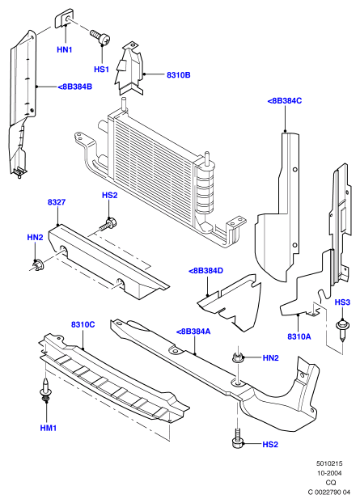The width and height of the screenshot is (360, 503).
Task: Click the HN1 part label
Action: point(64,49)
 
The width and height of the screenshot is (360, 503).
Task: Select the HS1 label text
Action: point(101,70)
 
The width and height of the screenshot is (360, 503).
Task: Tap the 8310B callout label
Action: point(179,75)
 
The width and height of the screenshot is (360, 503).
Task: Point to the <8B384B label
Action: point(75,87)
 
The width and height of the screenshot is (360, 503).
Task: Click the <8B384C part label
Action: point(285,101)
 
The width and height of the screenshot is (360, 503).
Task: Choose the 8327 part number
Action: point(57,202)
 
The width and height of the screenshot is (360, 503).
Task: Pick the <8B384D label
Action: point(205,271)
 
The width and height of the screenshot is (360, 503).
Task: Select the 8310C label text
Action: point(83,324)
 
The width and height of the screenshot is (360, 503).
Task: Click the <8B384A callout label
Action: point(193,332)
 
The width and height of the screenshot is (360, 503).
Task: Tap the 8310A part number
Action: point(299,336)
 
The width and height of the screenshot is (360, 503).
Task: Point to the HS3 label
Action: point(342,302)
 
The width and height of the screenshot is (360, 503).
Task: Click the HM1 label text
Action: point(49,428)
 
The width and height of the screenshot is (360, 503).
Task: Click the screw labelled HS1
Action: point(100,37)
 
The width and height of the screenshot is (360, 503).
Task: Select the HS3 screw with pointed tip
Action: point(342,331)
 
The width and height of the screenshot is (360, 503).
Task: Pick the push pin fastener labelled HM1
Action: point(45,390)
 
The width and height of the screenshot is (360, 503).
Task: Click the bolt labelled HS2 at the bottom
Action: point(237,438)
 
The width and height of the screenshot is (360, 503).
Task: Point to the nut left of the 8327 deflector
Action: point(38,264)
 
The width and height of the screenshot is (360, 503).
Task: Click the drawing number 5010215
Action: point(329,463)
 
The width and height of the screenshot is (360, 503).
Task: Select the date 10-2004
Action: point(329,473)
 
